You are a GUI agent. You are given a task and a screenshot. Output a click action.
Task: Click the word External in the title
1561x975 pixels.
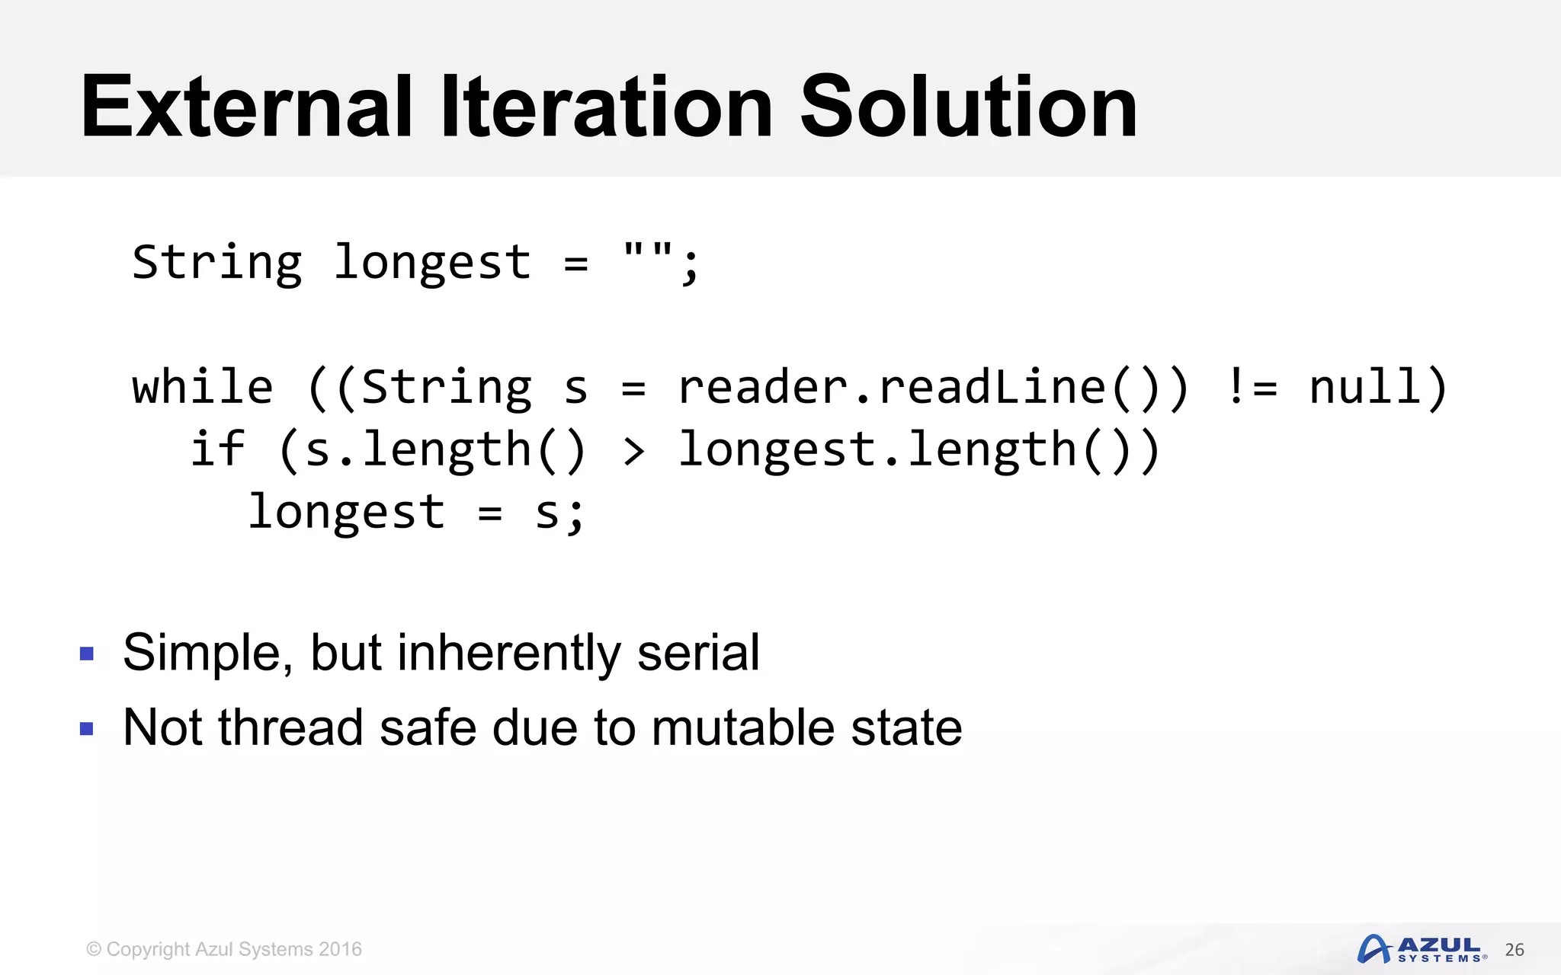(x=246, y=107)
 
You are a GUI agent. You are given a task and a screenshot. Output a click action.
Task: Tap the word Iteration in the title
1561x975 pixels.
(x=607, y=107)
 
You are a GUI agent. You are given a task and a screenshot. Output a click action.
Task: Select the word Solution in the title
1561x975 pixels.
(x=968, y=107)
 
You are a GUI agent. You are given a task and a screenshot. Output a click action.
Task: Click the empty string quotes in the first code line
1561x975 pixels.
(x=648, y=252)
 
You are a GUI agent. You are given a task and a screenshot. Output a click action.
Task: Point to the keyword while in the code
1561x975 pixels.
(x=203, y=387)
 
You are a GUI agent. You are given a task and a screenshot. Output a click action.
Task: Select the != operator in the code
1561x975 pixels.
(x=1252, y=387)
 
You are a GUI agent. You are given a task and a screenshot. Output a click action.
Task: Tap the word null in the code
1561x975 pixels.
(x=1365, y=387)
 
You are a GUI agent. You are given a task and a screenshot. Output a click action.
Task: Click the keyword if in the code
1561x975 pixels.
(x=217, y=449)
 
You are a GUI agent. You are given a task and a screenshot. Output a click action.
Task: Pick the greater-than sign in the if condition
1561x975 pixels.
(x=633, y=451)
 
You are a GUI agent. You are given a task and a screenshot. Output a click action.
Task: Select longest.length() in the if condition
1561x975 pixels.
(x=918, y=449)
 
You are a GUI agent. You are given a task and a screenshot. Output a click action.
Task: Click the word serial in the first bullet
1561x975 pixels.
(x=698, y=653)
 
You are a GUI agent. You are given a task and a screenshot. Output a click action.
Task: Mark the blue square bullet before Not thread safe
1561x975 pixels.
(x=87, y=729)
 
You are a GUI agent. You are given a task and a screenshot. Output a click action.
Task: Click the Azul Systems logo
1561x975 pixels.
(x=1422, y=949)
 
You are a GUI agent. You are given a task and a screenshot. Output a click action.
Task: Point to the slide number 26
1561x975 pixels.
(x=1515, y=950)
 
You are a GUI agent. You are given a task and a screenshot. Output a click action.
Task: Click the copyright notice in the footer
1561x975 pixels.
(x=224, y=949)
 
